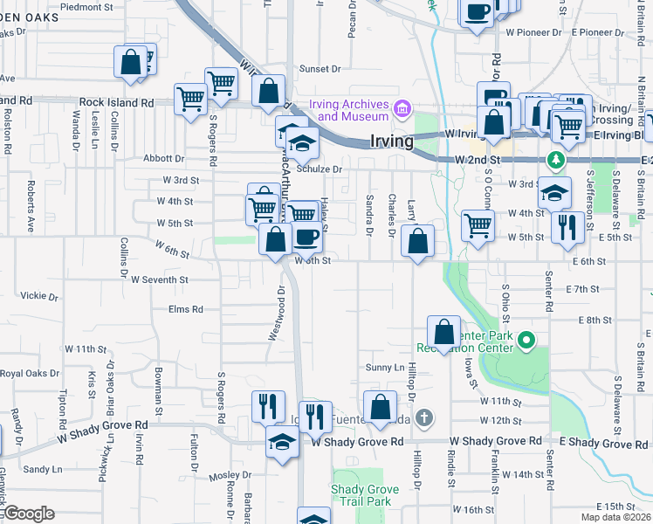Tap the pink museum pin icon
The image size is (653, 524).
click(x=402, y=109)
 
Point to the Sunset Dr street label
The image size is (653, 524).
click(x=319, y=69)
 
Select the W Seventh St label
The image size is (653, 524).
click(x=159, y=280)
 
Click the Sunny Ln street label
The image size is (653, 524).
click(x=385, y=368)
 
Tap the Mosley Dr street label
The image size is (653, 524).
click(x=230, y=476)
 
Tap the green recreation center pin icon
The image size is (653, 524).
click(x=526, y=340)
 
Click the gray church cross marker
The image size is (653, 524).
click(x=423, y=417)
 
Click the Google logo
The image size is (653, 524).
click(x=28, y=514)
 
